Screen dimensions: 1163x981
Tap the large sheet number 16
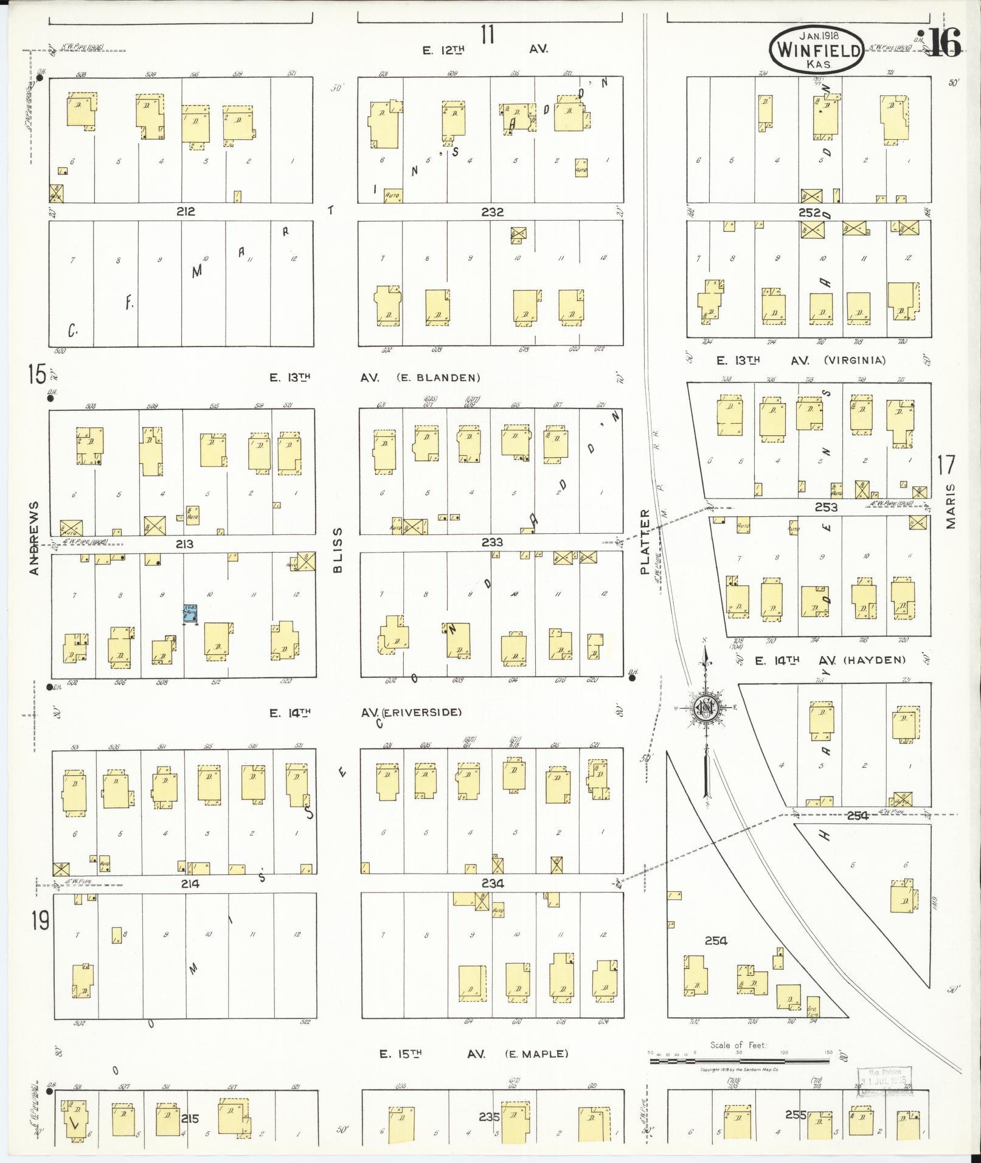pyautogui.click(x=945, y=43)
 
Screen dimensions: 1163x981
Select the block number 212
pyautogui.click(x=185, y=212)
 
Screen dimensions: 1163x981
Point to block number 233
pyautogui.click(x=492, y=542)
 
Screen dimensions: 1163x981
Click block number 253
pyautogui.click(x=826, y=507)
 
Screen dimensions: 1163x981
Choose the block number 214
pyautogui.click(x=190, y=883)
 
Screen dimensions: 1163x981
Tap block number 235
pyautogui.click(x=489, y=1116)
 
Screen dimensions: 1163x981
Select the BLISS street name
pyautogui.click(x=338, y=550)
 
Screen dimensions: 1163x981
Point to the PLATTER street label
pyautogui.click(x=645, y=542)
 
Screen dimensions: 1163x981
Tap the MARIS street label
pyautogui.click(x=951, y=506)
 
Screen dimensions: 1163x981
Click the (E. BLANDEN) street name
pyautogui.click(x=438, y=378)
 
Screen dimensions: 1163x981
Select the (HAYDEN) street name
pyautogui.click(x=875, y=660)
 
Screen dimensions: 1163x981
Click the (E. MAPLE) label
pyautogui.click(x=536, y=1054)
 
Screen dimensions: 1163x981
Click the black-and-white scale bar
pyautogui.click(x=740, y=1061)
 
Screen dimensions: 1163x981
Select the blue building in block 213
pyautogui.click(x=192, y=612)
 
